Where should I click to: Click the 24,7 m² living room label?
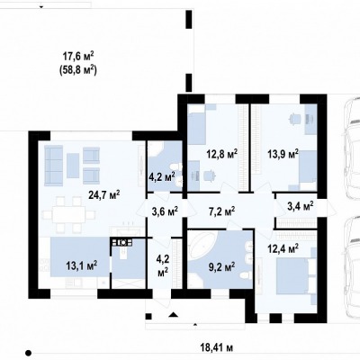click(104, 195)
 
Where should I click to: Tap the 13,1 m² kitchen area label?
click(81, 265)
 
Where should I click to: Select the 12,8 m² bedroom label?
click(222, 154)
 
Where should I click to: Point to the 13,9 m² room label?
click(283, 154)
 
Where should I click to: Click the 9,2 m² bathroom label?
click(221, 266)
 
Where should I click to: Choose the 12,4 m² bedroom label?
click(283, 249)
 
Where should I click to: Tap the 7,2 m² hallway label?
click(221, 211)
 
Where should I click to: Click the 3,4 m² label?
click(301, 206)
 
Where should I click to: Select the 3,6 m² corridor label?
click(165, 211)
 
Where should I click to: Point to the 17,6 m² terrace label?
click(78, 56)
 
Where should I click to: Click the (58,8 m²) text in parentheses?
click(78, 71)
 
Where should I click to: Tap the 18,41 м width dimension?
click(217, 348)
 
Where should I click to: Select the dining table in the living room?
click(68, 215)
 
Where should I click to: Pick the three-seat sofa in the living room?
click(54, 166)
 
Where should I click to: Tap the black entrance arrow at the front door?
click(174, 314)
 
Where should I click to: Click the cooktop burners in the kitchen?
click(122, 242)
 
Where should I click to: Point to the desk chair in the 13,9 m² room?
click(294, 119)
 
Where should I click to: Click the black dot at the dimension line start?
click(28, 353)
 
